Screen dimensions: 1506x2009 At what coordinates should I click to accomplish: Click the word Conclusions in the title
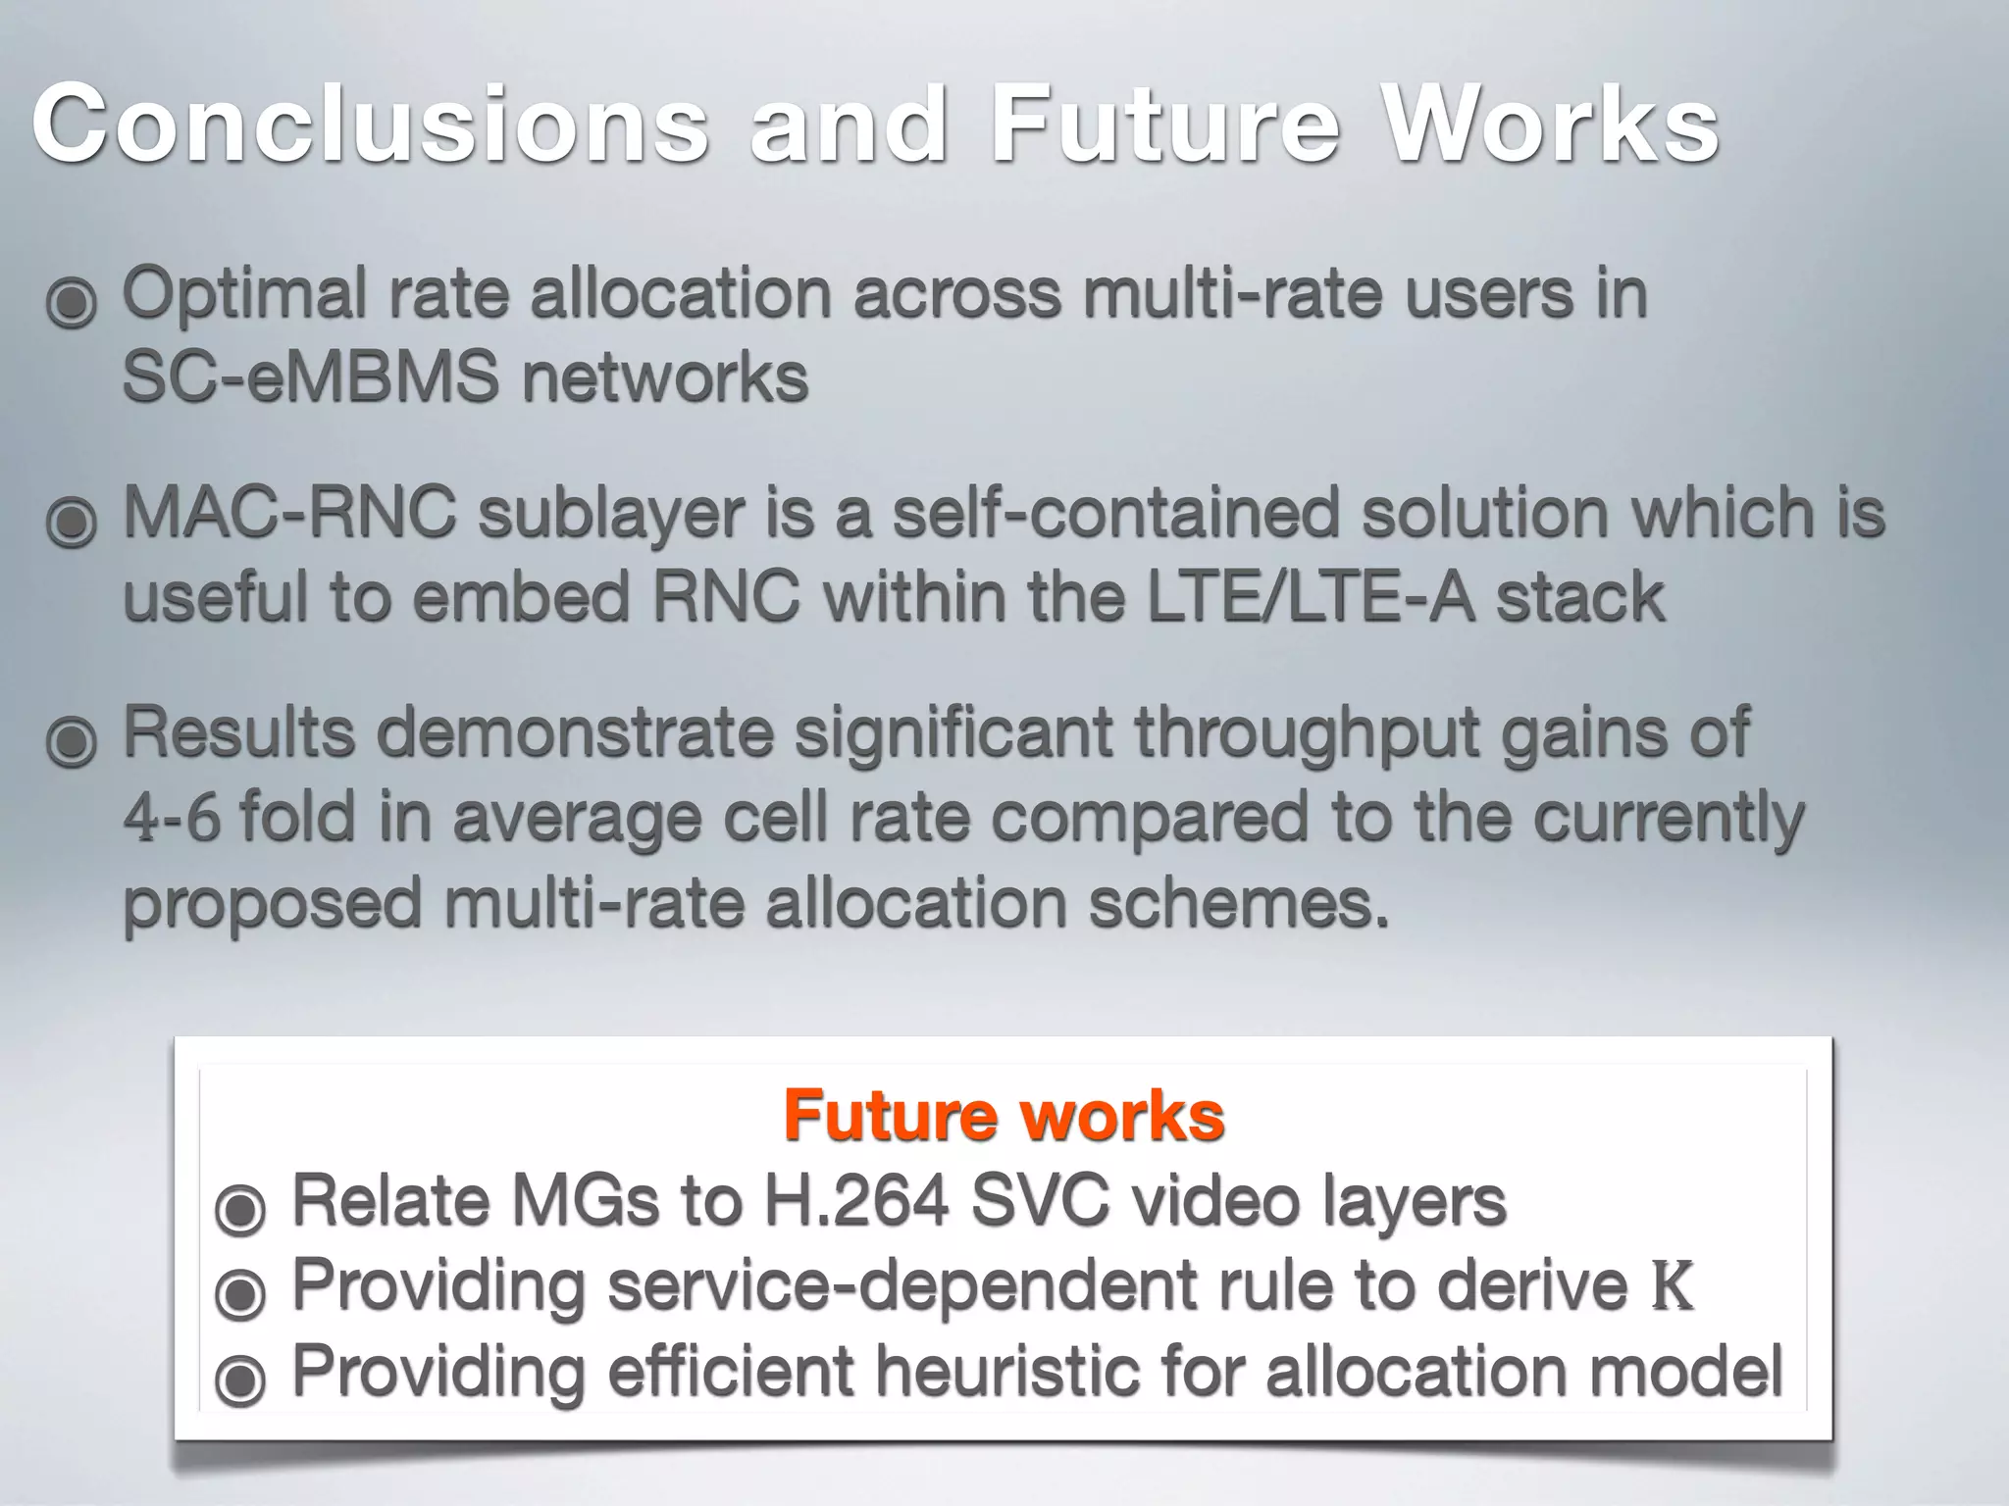coord(369,125)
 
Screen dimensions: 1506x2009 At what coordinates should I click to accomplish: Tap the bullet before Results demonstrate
coord(72,741)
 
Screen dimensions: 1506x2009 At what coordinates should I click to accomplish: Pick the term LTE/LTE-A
coord(1311,598)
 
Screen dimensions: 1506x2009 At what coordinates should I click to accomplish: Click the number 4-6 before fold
coord(172,819)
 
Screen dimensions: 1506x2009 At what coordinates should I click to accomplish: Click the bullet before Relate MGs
coord(240,1209)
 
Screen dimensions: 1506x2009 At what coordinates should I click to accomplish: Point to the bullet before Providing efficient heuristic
coord(240,1380)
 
